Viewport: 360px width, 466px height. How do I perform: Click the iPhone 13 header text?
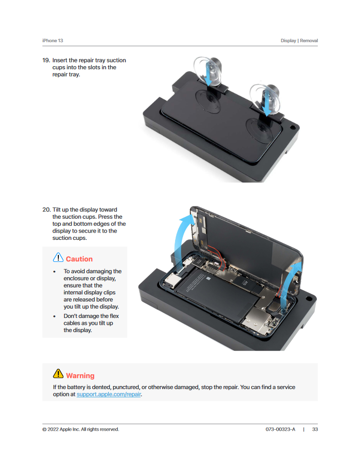click(x=52, y=40)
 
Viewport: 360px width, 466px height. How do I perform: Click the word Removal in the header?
click(x=309, y=40)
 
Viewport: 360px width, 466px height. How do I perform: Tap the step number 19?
click(x=46, y=60)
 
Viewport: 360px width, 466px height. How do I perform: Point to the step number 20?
click(x=47, y=209)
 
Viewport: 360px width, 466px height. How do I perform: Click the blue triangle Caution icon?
click(x=58, y=258)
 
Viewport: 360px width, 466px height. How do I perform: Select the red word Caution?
click(x=79, y=259)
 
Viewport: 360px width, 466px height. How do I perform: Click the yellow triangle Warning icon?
click(x=58, y=374)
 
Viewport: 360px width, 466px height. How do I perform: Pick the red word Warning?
click(x=80, y=376)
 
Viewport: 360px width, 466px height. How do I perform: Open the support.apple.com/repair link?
click(x=109, y=394)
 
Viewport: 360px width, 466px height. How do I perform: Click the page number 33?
click(x=315, y=429)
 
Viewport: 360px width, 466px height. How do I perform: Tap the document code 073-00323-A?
click(x=281, y=429)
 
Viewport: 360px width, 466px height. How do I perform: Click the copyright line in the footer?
click(x=80, y=429)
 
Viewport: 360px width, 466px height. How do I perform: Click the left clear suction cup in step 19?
click(x=207, y=71)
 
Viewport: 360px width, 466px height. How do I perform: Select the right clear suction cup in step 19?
click(x=264, y=100)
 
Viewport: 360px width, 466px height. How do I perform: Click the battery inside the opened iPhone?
click(x=215, y=294)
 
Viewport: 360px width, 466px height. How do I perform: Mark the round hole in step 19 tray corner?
click(x=292, y=128)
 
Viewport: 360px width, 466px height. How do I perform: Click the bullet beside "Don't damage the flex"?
click(x=54, y=316)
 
